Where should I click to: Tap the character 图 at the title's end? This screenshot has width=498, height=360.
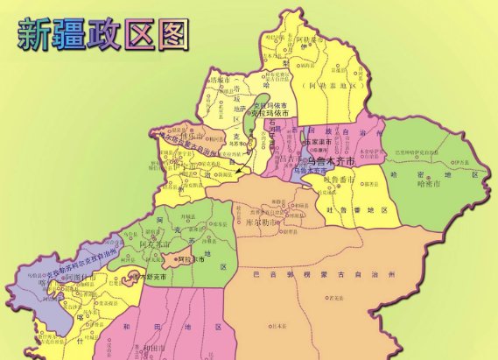172,33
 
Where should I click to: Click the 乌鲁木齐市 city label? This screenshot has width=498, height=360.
326,162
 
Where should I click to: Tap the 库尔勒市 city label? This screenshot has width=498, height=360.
285,222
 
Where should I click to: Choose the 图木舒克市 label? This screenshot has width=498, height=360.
135,277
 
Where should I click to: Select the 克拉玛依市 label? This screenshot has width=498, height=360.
269,113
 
